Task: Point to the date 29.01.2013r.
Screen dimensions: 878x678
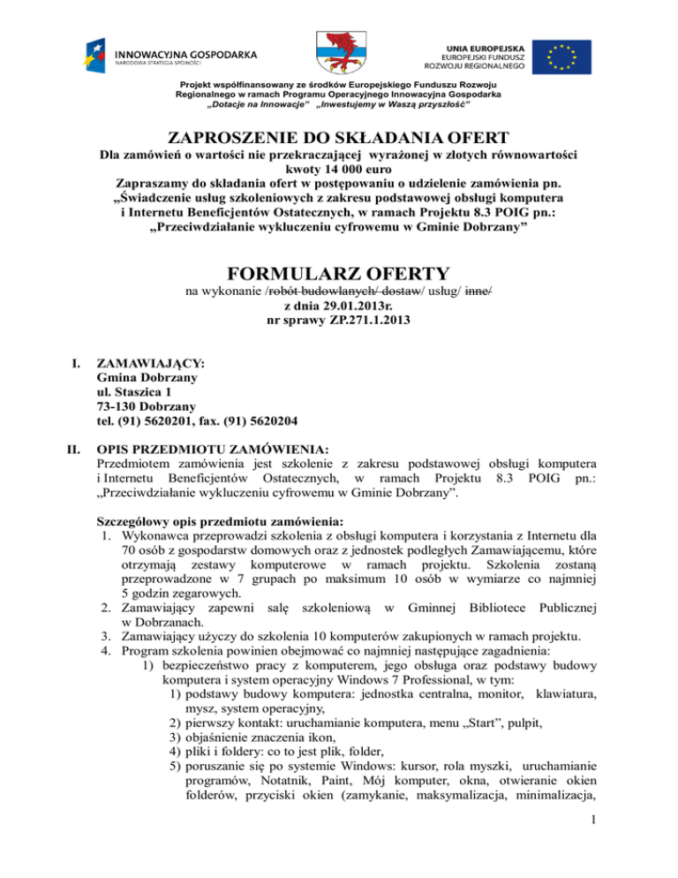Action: click(358, 306)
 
